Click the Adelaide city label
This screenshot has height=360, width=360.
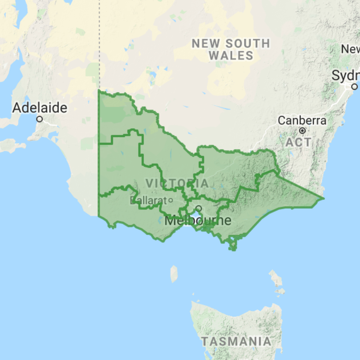point(40,108)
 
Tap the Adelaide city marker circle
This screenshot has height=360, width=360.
point(40,119)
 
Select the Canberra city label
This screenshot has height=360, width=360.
point(302,120)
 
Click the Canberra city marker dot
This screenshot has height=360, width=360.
point(303,130)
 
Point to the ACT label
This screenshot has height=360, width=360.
point(299,142)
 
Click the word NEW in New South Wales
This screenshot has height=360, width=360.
point(206,44)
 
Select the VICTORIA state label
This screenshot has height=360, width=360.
point(177,183)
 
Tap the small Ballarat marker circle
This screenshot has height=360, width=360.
point(170,200)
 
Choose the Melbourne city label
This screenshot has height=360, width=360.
point(198,220)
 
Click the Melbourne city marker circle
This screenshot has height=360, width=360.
point(198,208)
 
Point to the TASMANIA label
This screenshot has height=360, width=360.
point(237,342)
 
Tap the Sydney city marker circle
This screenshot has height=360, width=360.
point(354,87)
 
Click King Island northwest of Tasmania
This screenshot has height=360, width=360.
point(174,274)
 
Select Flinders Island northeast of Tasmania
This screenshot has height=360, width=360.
point(276,279)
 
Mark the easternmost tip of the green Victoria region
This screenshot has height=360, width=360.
point(324,199)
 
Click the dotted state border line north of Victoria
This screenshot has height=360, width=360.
point(99,44)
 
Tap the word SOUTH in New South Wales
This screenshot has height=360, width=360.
point(247,44)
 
